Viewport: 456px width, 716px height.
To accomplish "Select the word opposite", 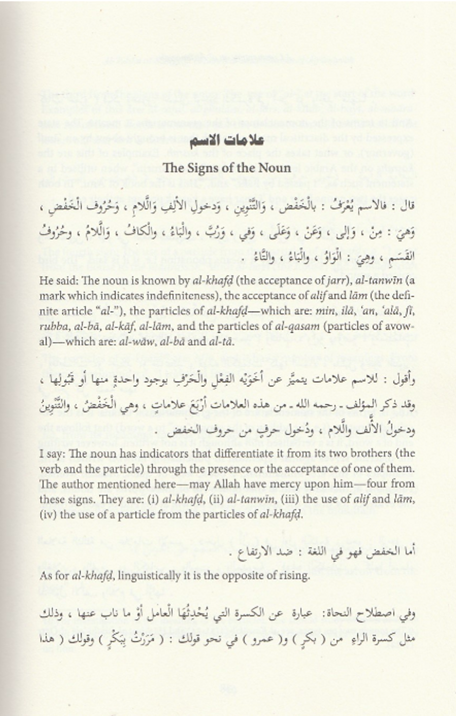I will tap(238, 576).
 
